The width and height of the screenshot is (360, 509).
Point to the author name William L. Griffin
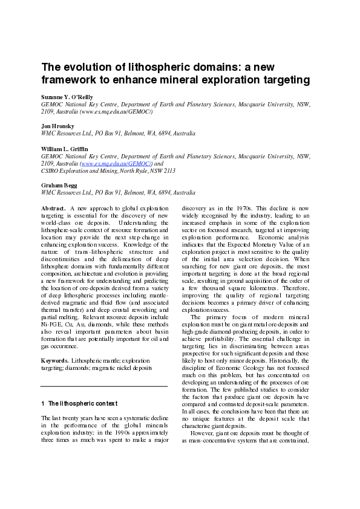tap(64, 148)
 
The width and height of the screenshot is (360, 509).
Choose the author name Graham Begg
tap(59, 185)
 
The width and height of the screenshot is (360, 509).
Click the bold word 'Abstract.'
tap(54, 208)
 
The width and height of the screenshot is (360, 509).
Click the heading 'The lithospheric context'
tap(83, 403)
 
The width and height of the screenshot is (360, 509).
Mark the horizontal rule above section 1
tap(103, 386)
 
